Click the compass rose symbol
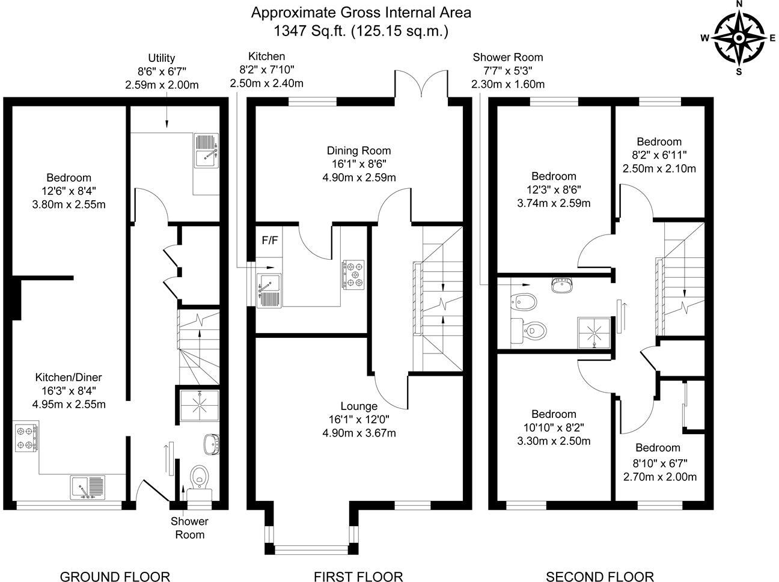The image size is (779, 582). point(739,37)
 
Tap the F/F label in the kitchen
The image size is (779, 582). point(270,240)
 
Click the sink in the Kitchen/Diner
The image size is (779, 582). point(88,488)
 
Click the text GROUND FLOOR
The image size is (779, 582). point(115,577)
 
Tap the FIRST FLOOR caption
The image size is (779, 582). point(359,577)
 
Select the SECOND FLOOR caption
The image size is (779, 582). point(599,577)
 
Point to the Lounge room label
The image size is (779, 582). point(358,406)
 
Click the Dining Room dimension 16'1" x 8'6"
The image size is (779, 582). point(358,164)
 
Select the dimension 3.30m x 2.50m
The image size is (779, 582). point(554,441)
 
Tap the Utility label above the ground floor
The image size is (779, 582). point(161,58)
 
